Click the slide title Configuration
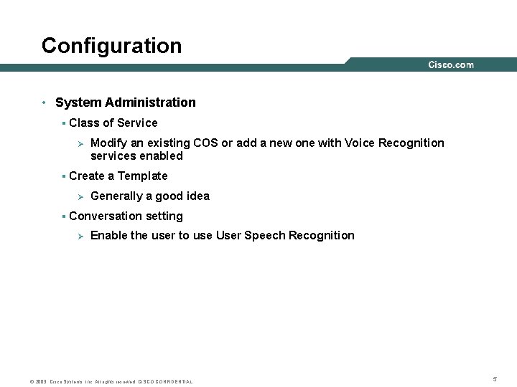tap(111, 46)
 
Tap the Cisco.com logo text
tap(450, 65)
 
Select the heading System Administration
tap(125, 102)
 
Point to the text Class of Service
tap(113, 123)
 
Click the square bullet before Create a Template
tap(64, 176)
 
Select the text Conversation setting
tap(126, 216)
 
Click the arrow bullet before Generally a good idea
tap(81, 196)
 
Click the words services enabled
tap(136, 156)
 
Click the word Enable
tap(108, 235)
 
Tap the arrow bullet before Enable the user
tap(81, 236)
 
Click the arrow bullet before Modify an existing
tap(81, 143)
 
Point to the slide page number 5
tap(495, 378)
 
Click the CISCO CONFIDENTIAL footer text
tap(165, 381)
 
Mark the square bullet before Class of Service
tap(64, 123)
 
